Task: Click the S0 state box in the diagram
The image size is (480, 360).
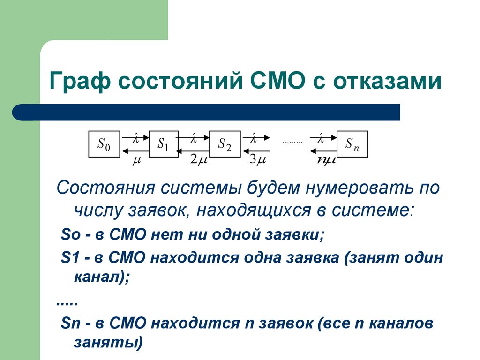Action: pyautogui.click(x=104, y=144)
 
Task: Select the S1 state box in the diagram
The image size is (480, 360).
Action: pyautogui.click(x=164, y=144)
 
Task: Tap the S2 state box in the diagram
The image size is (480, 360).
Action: pyautogui.click(x=225, y=144)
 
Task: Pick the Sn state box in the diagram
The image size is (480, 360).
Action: pyautogui.click(x=352, y=144)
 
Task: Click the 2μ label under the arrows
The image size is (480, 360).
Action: pyautogui.click(x=199, y=159)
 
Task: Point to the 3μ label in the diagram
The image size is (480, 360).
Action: pyautogui.click(x=258, y=159)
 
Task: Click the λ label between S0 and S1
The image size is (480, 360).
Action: pyautogui.click(x=136, y=138)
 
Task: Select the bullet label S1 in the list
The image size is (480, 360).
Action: pyautogui.click(x=69, y=257)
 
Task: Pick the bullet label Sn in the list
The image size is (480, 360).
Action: pyautogui.click(x=70, y=323)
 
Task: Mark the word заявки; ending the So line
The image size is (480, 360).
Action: pyautogui.click(x=295, y=234)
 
